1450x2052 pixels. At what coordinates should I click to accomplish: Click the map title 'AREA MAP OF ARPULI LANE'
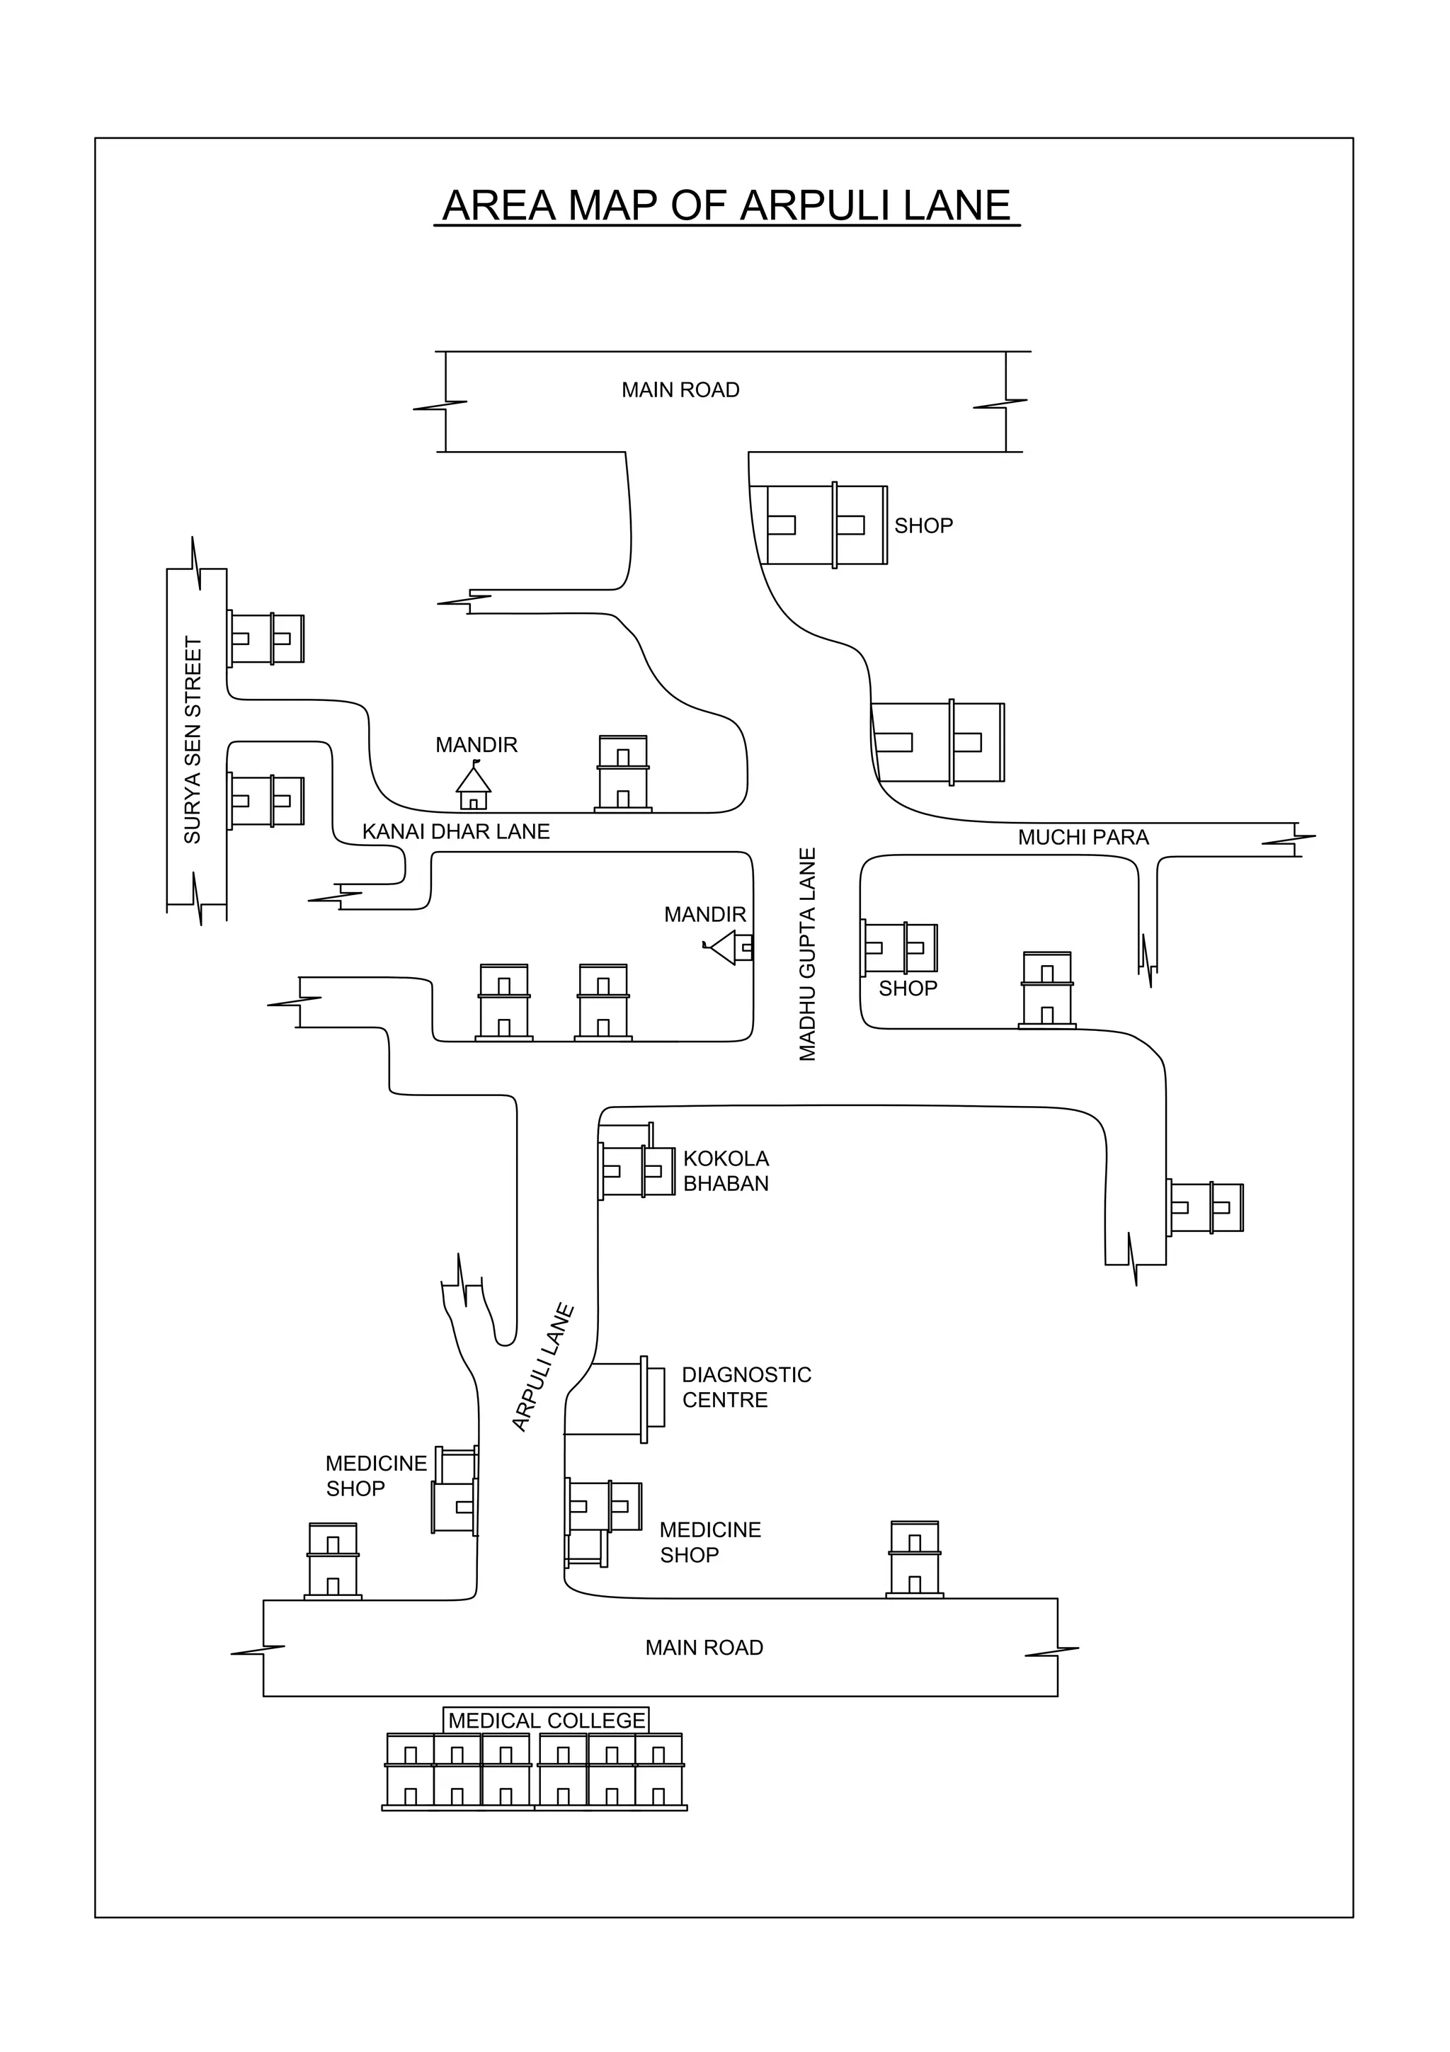pyautogui.click(x=726, y=205)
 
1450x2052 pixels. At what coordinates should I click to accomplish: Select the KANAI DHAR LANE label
pyautogui.click(x=456, y=832)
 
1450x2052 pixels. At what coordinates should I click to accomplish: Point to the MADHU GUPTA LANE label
pyautogui.click(x=808, y=954)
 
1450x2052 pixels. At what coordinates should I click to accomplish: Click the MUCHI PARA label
pyautogui.click(x=1083, y=838)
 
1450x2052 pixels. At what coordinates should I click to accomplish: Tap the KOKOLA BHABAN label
pyautogui.click(x=726, y=1170)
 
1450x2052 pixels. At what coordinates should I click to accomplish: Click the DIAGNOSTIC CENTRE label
pyautogui.click(x=746, y=1387)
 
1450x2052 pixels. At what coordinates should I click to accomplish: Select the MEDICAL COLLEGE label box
pyautogui.click(x=546, y=1721)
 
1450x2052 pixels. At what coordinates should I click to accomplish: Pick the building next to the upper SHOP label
pyautogui.click(x=826, y=525)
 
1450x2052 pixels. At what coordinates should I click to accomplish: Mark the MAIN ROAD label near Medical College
pyautogui.click(x=704, y=1647)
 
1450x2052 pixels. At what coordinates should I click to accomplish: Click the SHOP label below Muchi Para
pyautogui.click(x=908, y=988)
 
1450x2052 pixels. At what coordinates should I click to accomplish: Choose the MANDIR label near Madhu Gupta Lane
pyautogui.click(x=705, y=914)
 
